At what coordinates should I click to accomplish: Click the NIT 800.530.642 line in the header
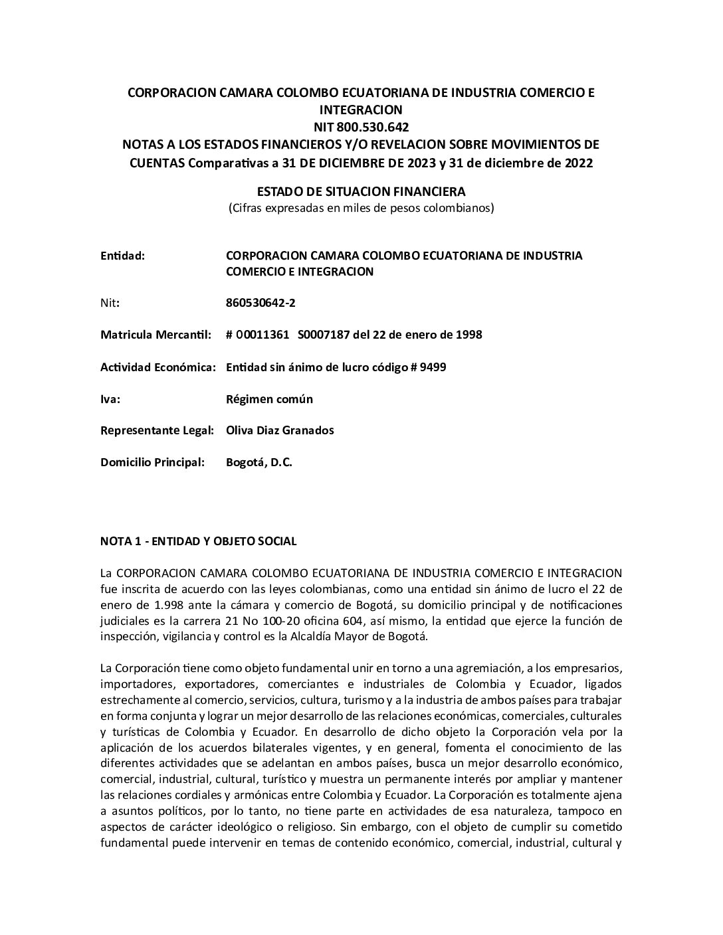[x=361, y=127]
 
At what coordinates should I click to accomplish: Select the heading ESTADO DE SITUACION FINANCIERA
[x=361, y=191]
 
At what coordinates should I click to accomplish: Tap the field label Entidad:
[x=122, y=256]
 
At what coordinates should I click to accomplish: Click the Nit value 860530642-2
[x=261, y=303]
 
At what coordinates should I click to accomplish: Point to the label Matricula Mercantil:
[x=155, y=335]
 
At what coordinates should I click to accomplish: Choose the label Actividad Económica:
[x=157, y=367]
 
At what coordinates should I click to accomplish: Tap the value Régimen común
[x=269, y=399]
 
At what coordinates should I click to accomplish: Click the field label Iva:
[x=110, y=399]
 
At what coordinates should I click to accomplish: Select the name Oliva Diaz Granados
[x=280, y=430]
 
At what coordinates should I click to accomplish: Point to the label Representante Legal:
[x=157, y=430]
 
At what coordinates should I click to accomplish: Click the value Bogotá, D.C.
[x=259, y=462]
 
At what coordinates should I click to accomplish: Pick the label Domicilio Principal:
[x=152, y=462]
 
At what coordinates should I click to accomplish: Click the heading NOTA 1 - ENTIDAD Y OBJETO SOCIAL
[x=198, y=541]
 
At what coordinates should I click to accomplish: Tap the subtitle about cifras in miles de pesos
[x=361, y=208]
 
